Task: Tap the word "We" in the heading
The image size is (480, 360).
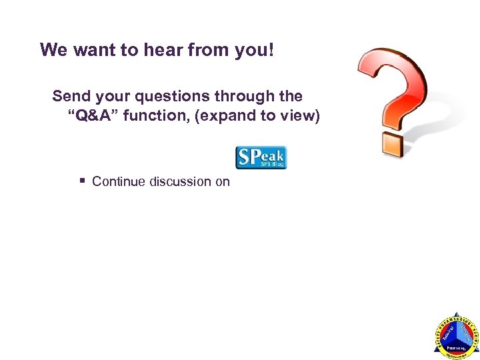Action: pyautogui.click(x=53, y=50)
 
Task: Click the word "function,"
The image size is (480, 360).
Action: pyautogui.click(x=160, y=117)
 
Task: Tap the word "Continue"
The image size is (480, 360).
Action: pyautogui.click(x=119, y=181)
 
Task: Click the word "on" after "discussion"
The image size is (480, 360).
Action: pyautogui.click(x=222, y=181)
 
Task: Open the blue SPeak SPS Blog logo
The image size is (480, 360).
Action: pyautogui.click(x=261, y=157)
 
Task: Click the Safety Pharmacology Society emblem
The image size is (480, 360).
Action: pyautogui.click(x=456, y=336)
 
